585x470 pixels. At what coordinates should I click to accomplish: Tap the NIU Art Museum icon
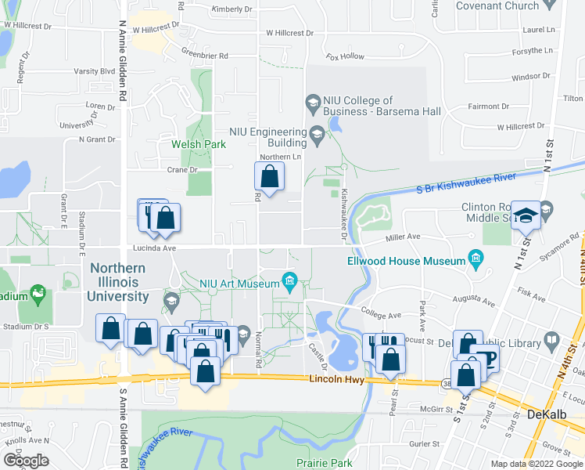289,280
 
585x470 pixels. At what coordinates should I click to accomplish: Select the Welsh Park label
198,144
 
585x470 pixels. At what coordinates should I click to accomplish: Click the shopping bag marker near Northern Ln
269,178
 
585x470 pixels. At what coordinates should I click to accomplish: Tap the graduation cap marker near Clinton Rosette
526,215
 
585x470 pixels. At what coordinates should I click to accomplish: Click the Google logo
25,461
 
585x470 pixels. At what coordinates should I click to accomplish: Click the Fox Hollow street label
346,56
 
